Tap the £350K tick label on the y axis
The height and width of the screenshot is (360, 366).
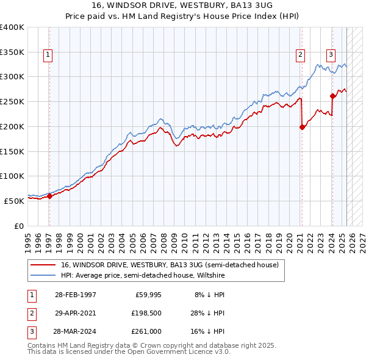pyautogui.click(x=12, y=52)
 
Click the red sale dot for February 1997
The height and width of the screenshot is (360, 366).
pyautogui.click(x=50, y=196)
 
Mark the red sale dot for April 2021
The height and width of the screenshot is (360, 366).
pyautogui.click(x=302, y=127)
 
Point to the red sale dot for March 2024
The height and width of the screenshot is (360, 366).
pyautogui.click(x=332, y=96)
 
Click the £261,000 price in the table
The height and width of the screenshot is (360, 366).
pyautogui.click(x=146, y=332)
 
